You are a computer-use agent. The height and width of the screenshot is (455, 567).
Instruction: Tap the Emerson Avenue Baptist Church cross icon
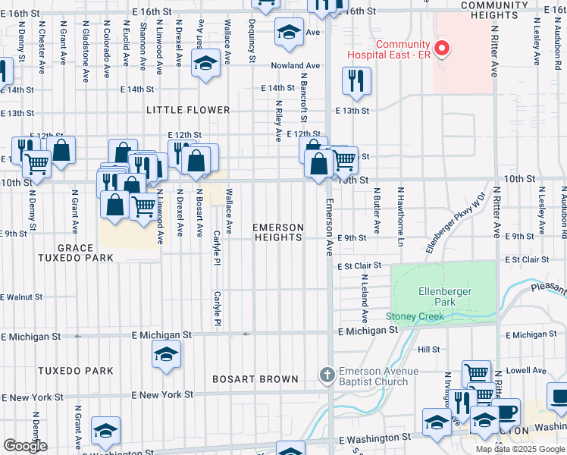click(326, 376)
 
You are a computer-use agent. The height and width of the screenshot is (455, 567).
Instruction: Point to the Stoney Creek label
click(414, 316)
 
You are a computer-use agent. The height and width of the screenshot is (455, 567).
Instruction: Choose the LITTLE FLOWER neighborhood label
click(188, 110)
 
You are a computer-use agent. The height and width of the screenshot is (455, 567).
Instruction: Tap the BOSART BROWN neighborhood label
click(248, 378)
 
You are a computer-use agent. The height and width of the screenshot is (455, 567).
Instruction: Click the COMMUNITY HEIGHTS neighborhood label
click(493, 11)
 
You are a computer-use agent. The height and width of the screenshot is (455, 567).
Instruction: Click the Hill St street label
click(429, 350)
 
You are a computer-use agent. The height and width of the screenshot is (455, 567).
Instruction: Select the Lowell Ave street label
click(528, 371)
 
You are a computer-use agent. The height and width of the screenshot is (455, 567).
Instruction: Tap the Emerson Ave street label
click(330, 227)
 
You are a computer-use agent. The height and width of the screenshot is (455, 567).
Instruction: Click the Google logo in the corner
click(25, 446)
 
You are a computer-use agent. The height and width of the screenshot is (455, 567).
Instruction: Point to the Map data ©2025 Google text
click(520, 449)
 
